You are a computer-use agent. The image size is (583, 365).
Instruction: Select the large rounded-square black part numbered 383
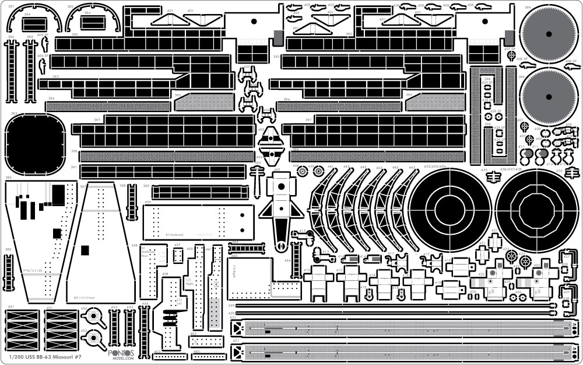(x=34, y=144)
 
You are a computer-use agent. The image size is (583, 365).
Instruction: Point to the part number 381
(x=11, y=6)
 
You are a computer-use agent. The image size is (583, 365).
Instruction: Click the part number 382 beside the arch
(x=70, y=6)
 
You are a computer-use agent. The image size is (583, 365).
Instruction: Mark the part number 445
(x=277, y=170)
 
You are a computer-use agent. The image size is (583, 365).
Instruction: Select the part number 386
(x=8, y=177)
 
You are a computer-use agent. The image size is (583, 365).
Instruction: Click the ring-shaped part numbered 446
(x=302, y=172)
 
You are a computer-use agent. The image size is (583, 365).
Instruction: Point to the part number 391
(x=74, y=167)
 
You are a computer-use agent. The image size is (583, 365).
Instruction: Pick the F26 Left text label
(x=178, y=302)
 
